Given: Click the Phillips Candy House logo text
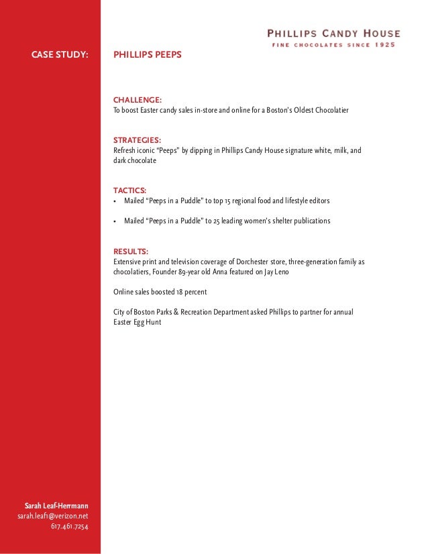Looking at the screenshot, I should coord(333,33).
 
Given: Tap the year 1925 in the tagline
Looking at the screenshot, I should coord(385,45).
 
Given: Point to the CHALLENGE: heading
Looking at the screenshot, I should coord(137,100).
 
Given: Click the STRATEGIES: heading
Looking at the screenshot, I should coord(136,140).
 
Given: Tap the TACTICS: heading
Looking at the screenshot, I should coord(130,190).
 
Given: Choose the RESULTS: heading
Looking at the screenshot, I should coord(131,251).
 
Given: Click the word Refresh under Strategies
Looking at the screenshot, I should coord(125,151).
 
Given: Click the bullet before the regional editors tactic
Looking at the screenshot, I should coord(116,201).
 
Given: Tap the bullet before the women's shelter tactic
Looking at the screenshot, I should coord(116,221).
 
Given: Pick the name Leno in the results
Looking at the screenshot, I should coord(283,272).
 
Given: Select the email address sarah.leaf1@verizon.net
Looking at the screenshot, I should coord(52,515).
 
